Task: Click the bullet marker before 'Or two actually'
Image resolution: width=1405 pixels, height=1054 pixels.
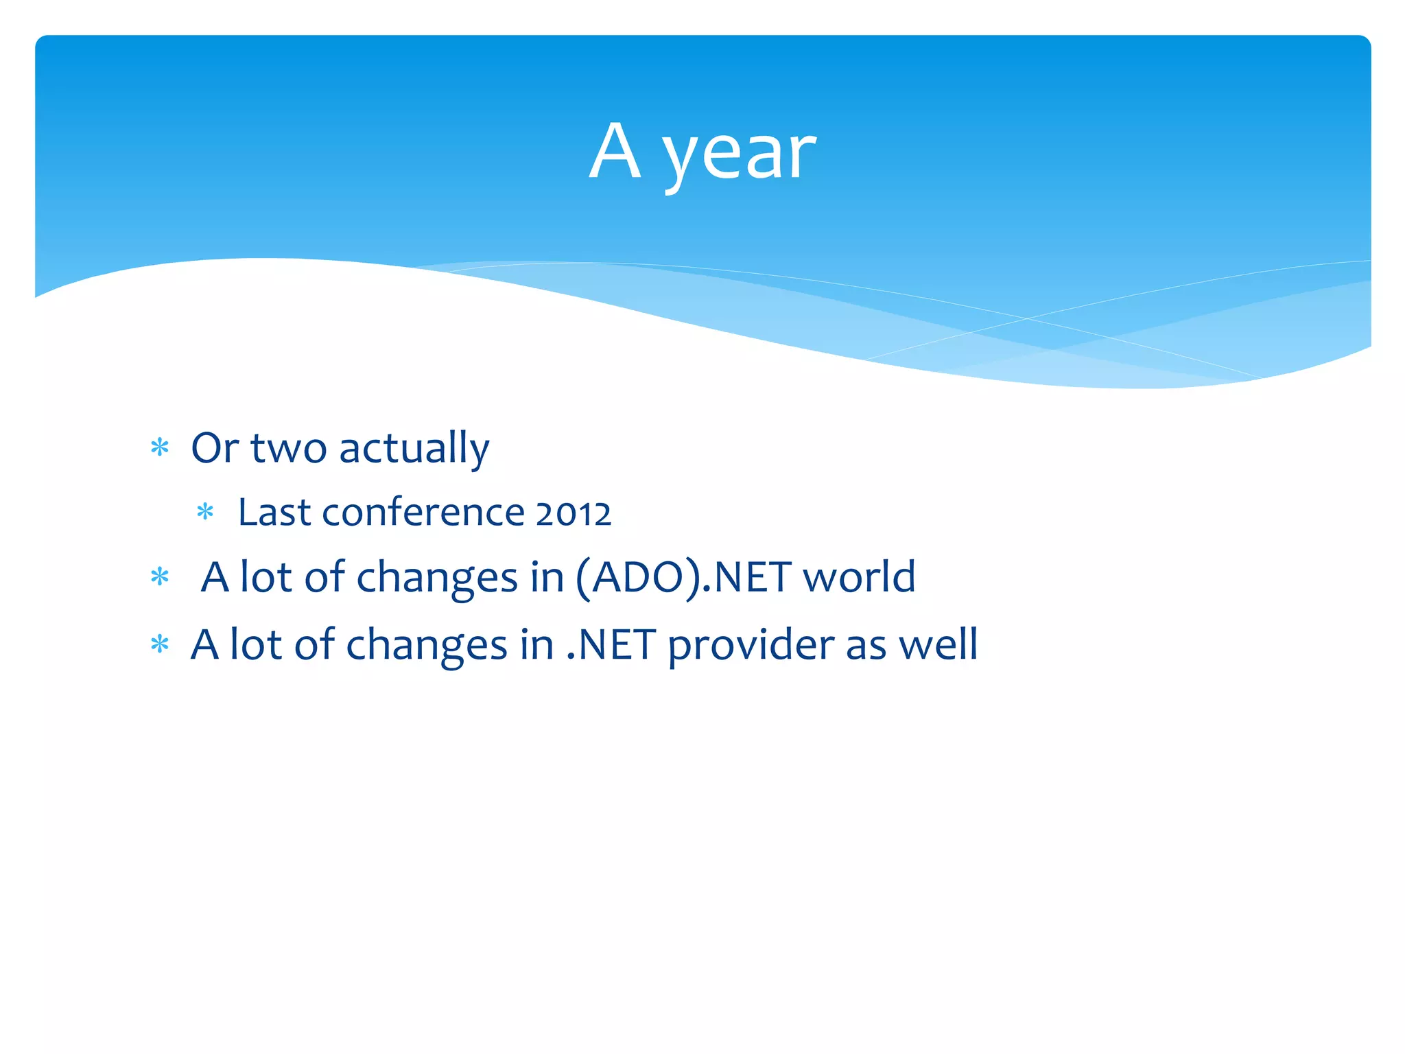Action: (160, 448)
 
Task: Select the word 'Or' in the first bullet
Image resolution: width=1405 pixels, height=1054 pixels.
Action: (215, 448)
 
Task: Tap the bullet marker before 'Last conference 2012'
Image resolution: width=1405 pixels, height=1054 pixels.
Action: (205, 512)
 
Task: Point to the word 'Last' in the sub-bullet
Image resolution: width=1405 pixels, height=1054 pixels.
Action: (274, 513)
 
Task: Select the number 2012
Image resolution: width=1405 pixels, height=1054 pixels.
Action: (573, 514)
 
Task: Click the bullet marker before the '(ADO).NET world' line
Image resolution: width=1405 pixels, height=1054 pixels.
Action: (160, 577)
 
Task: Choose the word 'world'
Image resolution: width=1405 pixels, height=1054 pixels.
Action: (859, 577)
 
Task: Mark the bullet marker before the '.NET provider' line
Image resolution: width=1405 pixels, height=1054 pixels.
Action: (160, 645)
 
